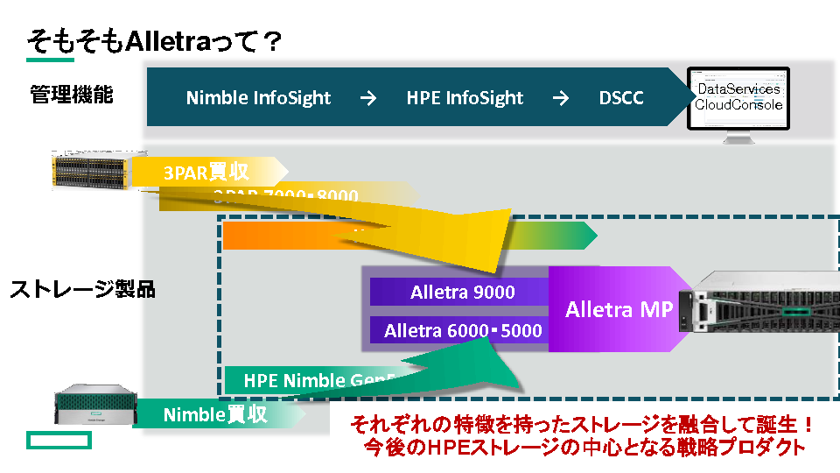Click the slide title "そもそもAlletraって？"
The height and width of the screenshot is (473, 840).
pos(152,40)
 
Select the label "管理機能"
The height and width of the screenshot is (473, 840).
pos(72,95)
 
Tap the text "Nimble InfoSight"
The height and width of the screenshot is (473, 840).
pos(258,98)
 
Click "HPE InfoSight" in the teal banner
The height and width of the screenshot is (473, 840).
pos(465,98)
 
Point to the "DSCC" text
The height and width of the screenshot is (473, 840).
pos(621,98)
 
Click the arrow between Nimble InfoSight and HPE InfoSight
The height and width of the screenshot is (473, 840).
pos(368,98)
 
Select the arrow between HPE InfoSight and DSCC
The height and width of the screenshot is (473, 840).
pos(561,98)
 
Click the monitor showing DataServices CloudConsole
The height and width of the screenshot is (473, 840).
pos(738,103)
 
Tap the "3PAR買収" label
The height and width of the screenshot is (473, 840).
pos(206,172)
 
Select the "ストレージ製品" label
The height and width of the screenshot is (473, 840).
pos(82,289)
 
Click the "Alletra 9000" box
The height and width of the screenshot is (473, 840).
pos(462,293)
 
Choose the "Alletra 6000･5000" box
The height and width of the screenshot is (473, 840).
pos(463,330)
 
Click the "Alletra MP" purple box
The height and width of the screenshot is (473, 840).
pos(619,309)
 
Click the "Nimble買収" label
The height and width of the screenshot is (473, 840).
pos(215,414)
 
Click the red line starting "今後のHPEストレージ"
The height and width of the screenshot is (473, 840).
pos(584,447)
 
